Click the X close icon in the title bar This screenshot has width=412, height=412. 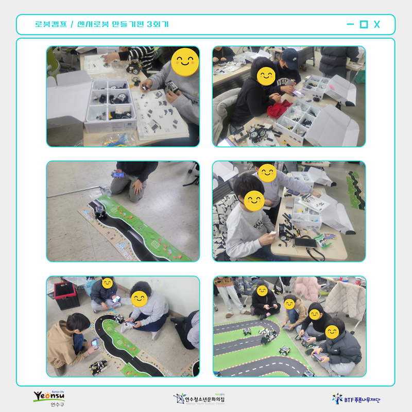[x=377, y=24]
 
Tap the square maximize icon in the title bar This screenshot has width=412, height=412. [x=364, y=24]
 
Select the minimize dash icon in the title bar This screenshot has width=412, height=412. [x=350, y=24]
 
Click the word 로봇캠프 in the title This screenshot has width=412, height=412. [x=50, y=24]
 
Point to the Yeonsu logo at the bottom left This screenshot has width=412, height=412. [x=49, y=398]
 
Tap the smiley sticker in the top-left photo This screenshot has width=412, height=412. [x=185, y=63]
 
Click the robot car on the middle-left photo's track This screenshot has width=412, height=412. [x=100, y=211]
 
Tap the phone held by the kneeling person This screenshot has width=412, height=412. [x=118, y=175]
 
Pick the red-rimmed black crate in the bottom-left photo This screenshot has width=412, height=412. [x=66, y=296]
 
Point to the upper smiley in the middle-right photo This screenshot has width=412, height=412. [x=267, y=173]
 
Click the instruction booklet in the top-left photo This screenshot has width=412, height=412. [x=160, y=116]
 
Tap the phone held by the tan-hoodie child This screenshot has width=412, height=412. [x=94, y=342]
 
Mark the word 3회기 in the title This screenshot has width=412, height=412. [x=158, y=24]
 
